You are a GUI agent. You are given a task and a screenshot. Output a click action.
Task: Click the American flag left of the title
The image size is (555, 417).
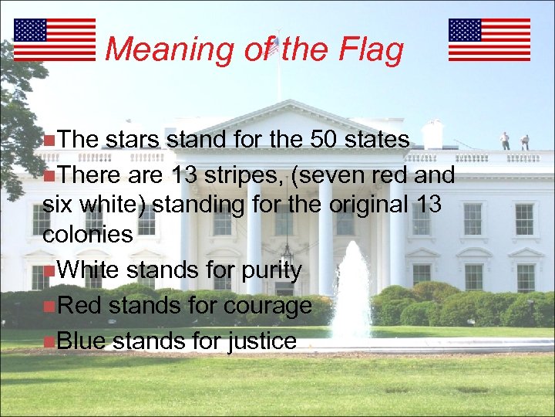pyautogui.click(x=54, y=39)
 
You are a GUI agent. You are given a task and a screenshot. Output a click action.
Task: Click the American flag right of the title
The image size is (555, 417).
pyautogui.click(x=489, y=39)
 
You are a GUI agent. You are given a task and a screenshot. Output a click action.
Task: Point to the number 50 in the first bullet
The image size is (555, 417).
pyautogui.click(x=325, y=140)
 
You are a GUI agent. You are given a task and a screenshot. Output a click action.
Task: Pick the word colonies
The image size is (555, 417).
pyautogui.click(x=88, y=235)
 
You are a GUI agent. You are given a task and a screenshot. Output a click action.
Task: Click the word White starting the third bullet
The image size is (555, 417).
pyautogui.click(x=86, y=270)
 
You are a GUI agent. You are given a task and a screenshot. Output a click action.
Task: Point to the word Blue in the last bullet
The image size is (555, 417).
pyautogui.click(x=82, y=341)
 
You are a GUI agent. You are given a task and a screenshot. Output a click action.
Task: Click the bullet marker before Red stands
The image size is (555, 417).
pyautogui.click(x=49, y=307)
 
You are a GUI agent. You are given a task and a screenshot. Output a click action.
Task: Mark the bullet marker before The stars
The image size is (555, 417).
pyautogui.click(x=49, y=141)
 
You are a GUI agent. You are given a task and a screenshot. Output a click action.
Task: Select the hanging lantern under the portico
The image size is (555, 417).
pyautogui.click(x=287, y=252)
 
